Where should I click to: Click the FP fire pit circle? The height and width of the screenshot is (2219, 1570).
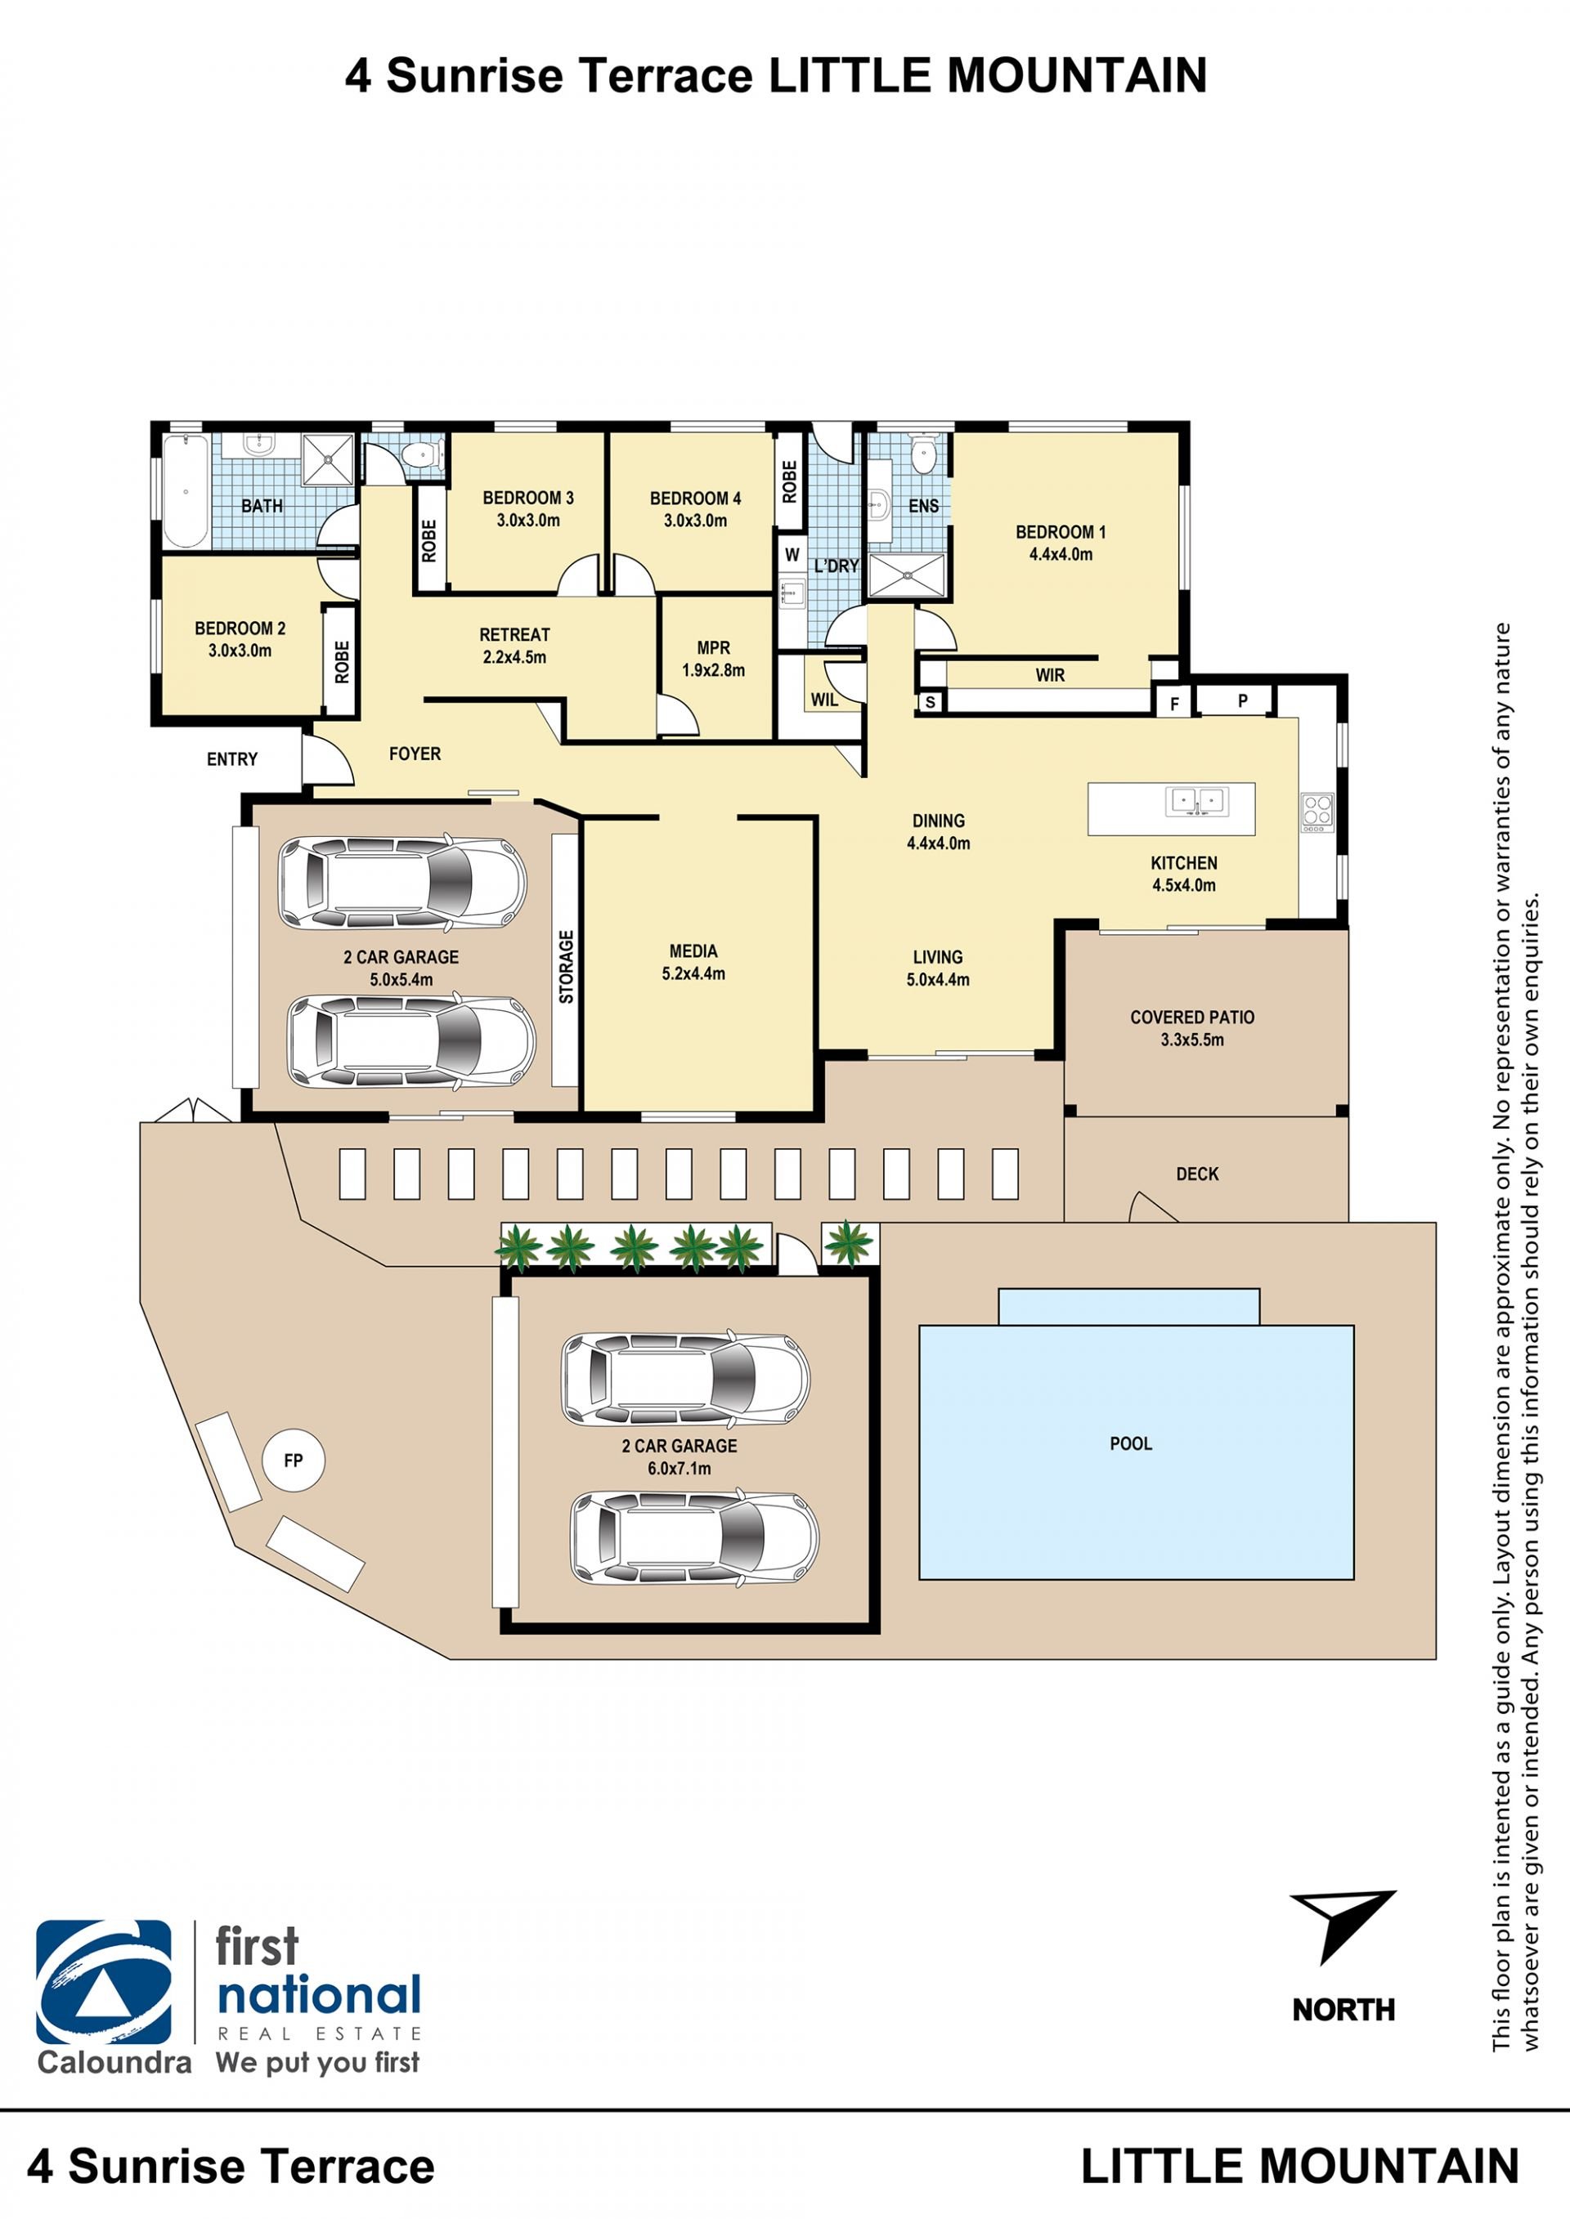pos(293,1461)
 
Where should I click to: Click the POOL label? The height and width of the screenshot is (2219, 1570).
pos(1130,1443)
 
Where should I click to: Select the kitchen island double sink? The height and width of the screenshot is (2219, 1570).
pos(1197,801)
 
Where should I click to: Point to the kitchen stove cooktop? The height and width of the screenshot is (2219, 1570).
pos(1317,812)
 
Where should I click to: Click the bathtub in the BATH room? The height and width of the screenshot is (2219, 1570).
pos(186,491)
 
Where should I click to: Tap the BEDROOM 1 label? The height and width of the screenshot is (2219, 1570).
pos(1061,531)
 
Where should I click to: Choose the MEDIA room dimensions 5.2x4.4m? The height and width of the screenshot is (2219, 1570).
pos(693,973)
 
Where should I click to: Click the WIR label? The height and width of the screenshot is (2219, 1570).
pos(1050,674)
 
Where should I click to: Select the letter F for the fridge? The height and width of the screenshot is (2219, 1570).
pos(1174,704)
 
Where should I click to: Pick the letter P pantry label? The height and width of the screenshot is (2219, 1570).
pos(1242,700)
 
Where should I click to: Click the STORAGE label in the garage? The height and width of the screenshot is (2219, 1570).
pos(567,965)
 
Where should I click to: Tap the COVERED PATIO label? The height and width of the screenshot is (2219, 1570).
pos(1192,1017)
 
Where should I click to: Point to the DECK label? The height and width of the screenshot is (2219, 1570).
pos(1197,1174)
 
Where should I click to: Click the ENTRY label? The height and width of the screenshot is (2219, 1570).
pos(232,758)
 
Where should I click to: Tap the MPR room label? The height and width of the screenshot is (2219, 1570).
pos(714,647)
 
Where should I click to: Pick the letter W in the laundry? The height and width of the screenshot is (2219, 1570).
pos(792,555)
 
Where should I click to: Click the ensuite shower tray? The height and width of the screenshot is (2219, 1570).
pos(906,576)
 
